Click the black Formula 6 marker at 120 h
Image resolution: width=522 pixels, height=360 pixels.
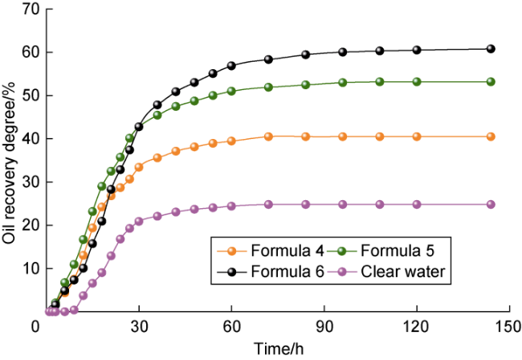click(x=417, y=50)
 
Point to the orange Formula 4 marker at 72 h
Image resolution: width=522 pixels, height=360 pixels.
click(x=268, y=137)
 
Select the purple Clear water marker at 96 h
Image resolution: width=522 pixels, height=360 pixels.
click(x=343, y=204)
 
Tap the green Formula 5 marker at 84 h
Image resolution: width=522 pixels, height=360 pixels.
click(x=306, y=84)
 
